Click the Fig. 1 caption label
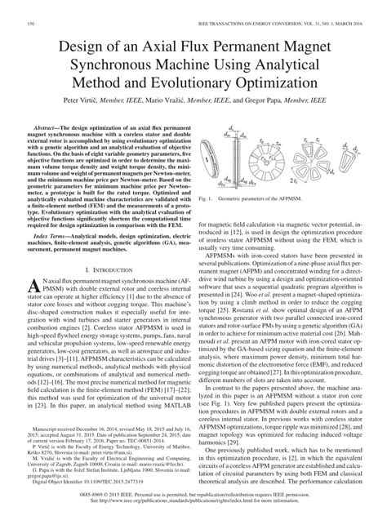210,199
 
